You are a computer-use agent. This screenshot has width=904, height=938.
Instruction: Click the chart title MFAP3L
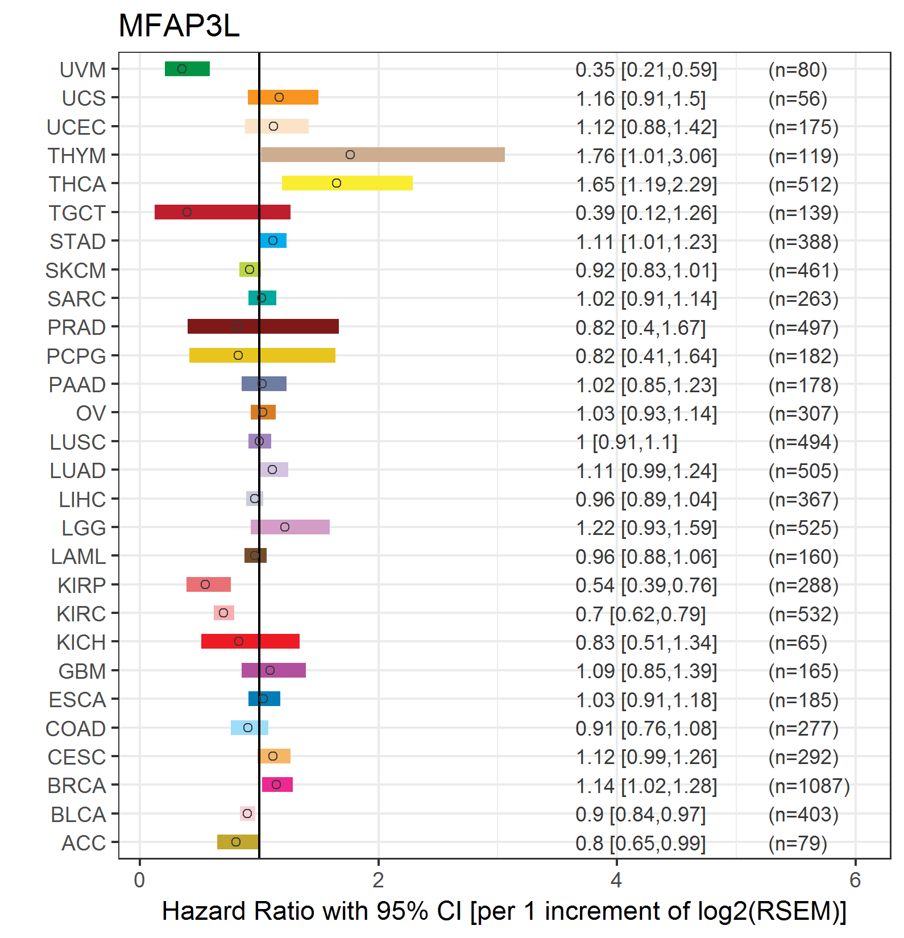(179, 26)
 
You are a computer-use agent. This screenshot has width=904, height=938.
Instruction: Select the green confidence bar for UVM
(187, 69)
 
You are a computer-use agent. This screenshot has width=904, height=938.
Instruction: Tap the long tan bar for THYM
(382, 155)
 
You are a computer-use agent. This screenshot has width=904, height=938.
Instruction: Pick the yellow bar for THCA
(347, 183)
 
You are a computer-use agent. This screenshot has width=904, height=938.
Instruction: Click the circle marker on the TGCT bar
(187, 212)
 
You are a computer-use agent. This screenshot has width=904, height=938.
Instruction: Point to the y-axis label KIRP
(82, 585)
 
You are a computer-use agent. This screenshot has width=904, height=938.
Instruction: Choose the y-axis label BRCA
(77, 786)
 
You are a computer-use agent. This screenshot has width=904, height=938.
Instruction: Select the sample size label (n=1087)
(808, 786)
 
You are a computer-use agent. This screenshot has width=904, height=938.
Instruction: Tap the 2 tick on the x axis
(378, 880)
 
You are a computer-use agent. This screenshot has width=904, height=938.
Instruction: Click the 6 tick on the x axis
(855, 880)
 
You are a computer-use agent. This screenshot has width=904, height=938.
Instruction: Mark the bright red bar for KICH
(250, 641)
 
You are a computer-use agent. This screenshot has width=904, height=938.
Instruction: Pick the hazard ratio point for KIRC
(223, 613)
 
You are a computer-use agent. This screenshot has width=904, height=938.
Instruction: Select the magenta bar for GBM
(273, 670)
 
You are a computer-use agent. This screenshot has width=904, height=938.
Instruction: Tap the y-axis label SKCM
(76, 271)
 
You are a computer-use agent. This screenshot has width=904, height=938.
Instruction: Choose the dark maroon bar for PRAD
(263, 326)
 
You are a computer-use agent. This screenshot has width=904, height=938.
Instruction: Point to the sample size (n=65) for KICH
(797, 642)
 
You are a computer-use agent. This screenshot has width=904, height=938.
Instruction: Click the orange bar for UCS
(283, 97)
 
